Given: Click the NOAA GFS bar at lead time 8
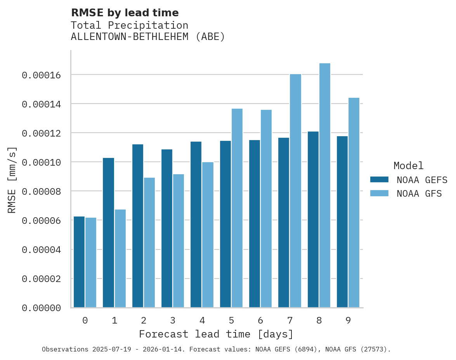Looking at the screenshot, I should pos(324,185).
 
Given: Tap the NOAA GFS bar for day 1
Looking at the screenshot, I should pos(120,258).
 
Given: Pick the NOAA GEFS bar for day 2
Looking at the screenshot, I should pos(138,226).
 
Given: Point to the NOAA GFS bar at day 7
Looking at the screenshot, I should pos(295,191).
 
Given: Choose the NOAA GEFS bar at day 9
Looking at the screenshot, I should pos(342,222).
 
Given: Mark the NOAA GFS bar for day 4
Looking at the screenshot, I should pos(208,235).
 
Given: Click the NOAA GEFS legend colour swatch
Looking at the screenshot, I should pos(379,179).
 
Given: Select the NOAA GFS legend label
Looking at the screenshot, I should pos(419,193).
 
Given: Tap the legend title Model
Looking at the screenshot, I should pos(408,166).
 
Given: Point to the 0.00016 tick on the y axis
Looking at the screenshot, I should pos(41,75).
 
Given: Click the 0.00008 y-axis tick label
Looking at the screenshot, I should pos(41,192).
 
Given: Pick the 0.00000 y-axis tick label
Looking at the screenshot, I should pos(41,308).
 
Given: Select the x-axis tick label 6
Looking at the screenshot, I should pos(260,320).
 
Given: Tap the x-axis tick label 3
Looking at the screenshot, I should pos(173,320).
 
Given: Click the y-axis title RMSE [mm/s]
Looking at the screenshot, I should pos(12,180).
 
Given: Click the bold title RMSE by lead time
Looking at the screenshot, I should pos(125,13).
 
